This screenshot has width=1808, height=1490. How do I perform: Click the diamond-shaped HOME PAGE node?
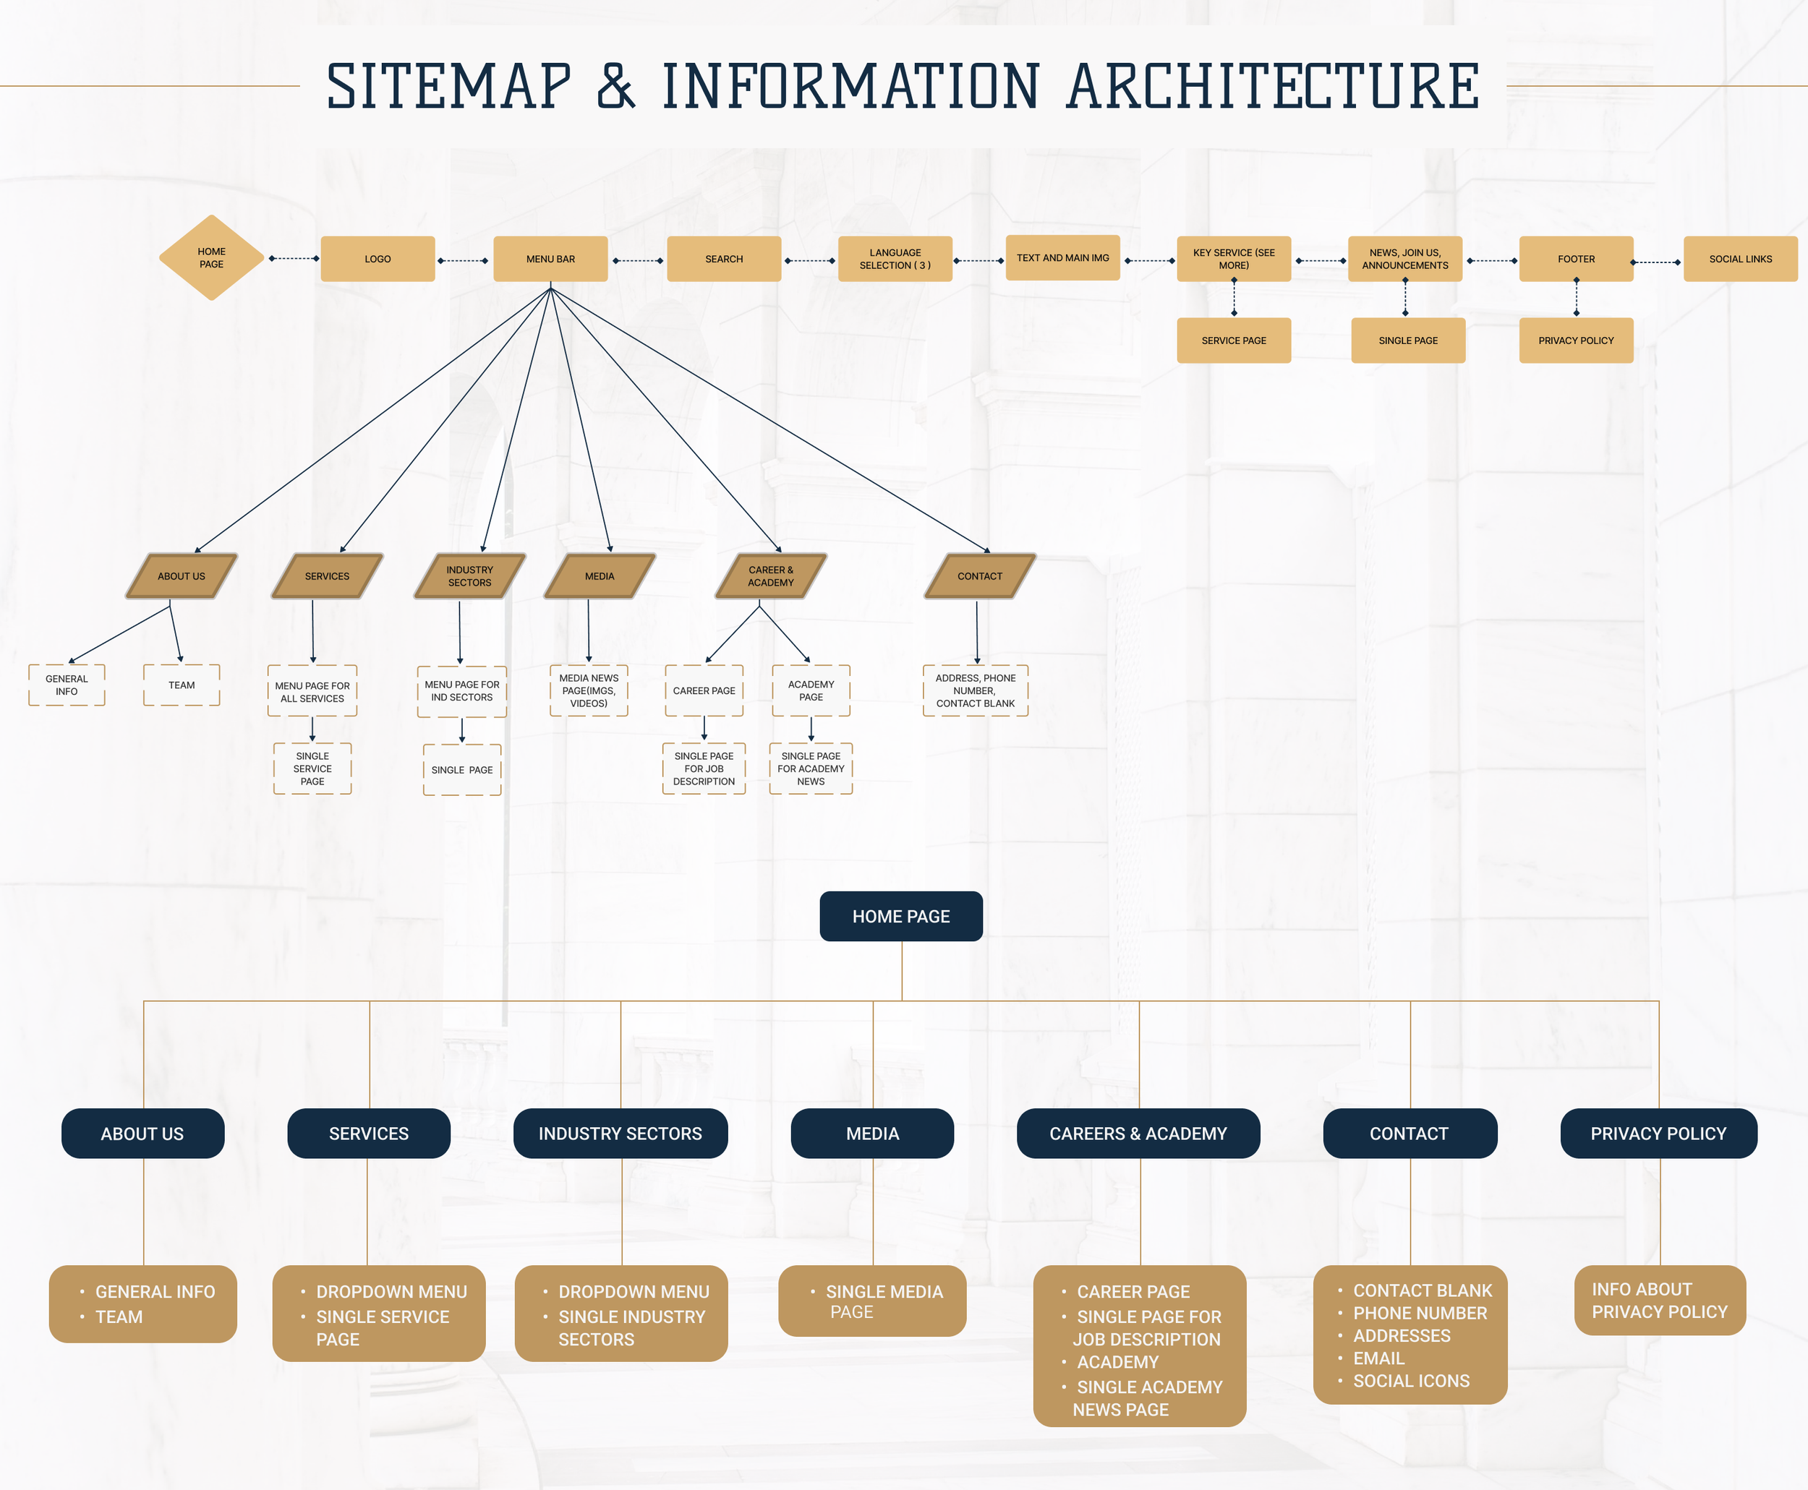pyautogui.click(x=211, y=257)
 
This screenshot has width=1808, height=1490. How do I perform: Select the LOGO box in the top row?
pyautogui.click(x=378, y=258)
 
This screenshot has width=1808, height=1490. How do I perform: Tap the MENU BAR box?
pyautogui.click(x=550, y=258)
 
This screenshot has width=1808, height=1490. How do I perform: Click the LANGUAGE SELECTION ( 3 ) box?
pyautogui.click(x=895, y=258)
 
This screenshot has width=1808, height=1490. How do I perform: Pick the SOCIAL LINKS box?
pyautogui.click(x=1740, y=258)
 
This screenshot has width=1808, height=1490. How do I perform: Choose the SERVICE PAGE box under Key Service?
pyautogui.click(x=1234, y=341)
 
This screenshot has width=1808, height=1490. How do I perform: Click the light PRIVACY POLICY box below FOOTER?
pyautogui.click(x=1575, y=341)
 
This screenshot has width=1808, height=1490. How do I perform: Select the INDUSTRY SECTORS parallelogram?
pyautogui.click(x=469, y=576)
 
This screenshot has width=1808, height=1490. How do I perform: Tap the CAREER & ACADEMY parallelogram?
pyautogui.click(x=771, y=576)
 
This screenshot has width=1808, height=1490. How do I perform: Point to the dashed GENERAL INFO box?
pyautogui.click(x=67, y=685)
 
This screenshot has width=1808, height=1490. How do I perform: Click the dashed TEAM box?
pyautogui.click(x=181, y=685)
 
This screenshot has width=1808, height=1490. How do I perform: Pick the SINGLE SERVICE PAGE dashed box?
pyautogui.click(x=312, y=768)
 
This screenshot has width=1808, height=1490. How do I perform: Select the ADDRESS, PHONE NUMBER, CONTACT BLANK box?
pyautogui.click(x=976, y=690)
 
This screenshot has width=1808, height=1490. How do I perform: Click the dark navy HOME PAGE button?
pyautogui.click(x=900, y=916)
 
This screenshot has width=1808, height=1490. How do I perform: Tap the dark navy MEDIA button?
pyautogui.click(x=872, y=1133)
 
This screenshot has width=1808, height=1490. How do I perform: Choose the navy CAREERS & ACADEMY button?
pyautogui.click(x=1138, y=1133)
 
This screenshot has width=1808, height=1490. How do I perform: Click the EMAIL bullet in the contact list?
pyautogui.click(x=1378, y=1358)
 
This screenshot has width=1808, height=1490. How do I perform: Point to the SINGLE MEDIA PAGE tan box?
pyautogui.click(x=872, y=1301)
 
